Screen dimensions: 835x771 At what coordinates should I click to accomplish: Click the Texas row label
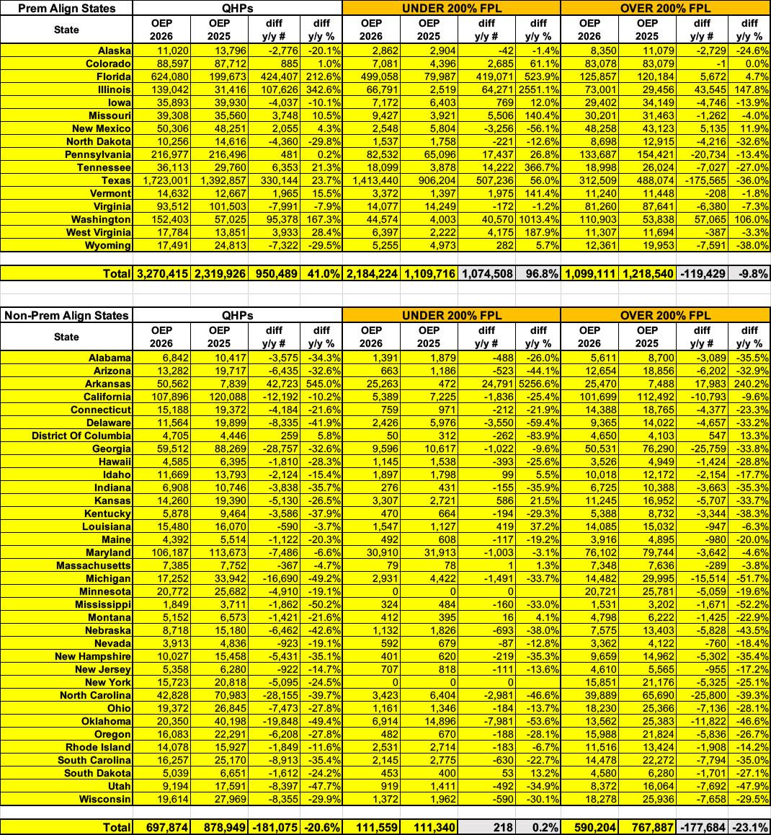[115, 181]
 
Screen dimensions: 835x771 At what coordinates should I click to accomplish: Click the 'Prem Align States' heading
[58, 9]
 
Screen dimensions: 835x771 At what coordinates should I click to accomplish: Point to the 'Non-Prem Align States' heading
[67, 315]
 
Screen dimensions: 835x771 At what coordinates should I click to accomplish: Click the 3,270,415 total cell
[161, 273]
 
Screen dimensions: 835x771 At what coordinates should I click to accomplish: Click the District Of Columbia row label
[81, 436]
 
